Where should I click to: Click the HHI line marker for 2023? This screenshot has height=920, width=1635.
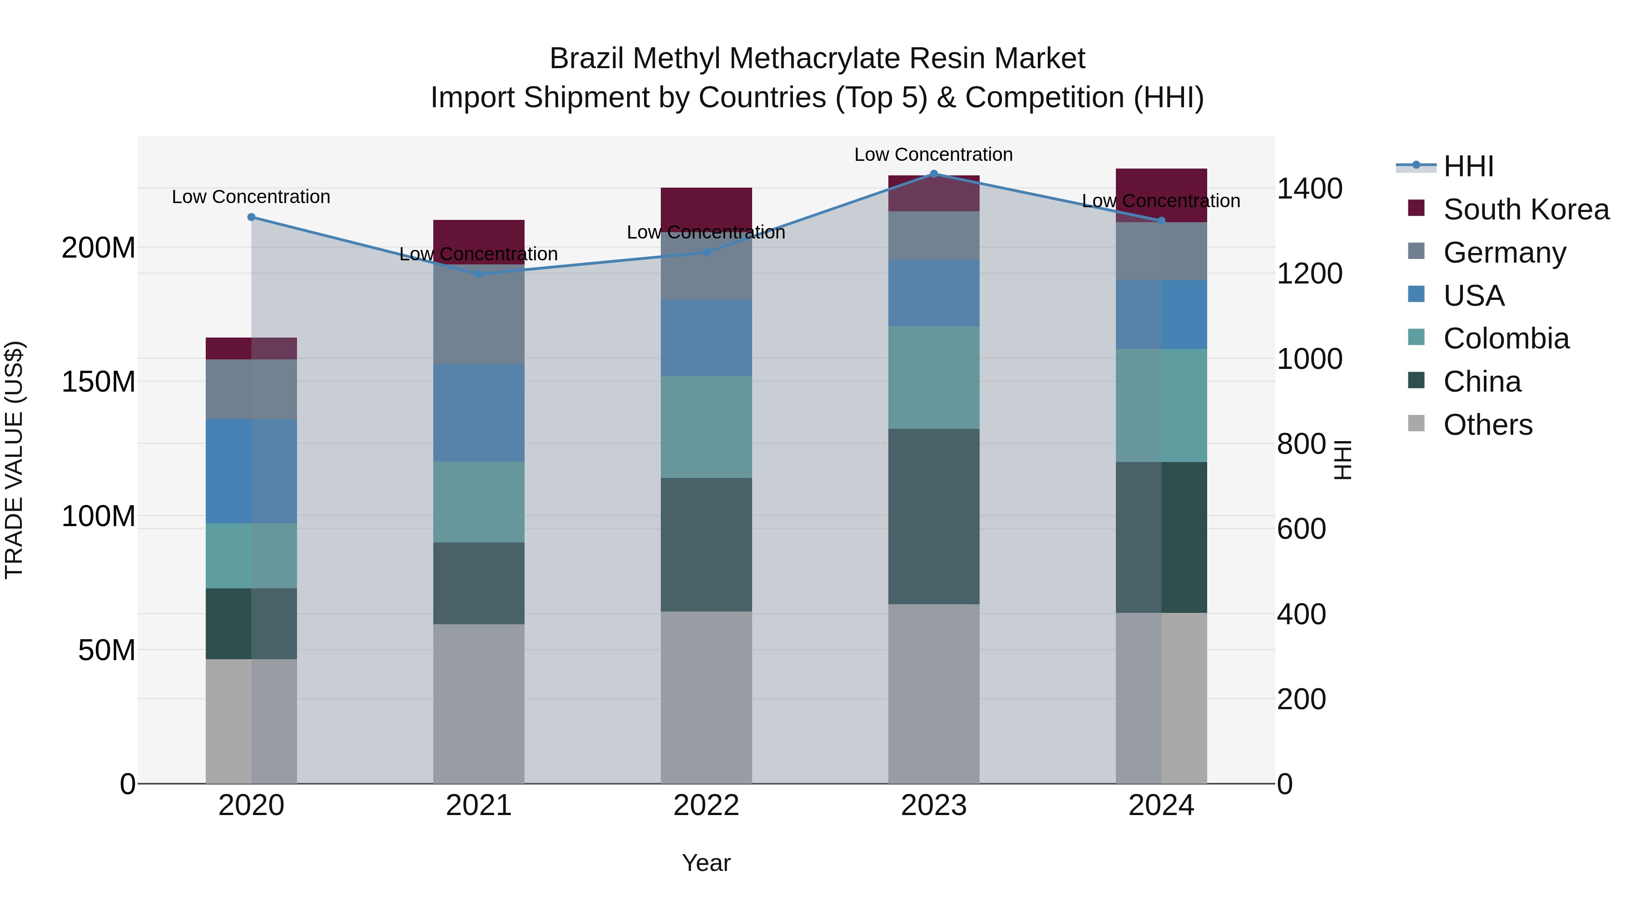[934, 174]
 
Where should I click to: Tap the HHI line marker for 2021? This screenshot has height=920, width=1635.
[479, 274]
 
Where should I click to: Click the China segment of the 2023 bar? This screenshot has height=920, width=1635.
[934, 516]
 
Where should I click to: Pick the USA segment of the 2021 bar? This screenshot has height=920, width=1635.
[479, 413]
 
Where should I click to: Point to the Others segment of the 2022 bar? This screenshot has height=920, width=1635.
[706, 697]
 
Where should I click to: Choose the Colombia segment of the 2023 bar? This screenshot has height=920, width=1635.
[934, 378]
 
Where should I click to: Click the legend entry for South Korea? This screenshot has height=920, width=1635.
[1526, 209]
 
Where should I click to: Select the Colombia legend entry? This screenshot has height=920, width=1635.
[1506, 338]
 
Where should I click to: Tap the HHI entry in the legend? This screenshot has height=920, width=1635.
[1468, 166]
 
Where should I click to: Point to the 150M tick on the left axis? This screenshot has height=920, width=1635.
[99, 382]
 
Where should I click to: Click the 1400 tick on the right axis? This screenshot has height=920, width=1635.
[1309, 189]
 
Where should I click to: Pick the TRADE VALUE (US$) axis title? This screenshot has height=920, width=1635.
[14, 460]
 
